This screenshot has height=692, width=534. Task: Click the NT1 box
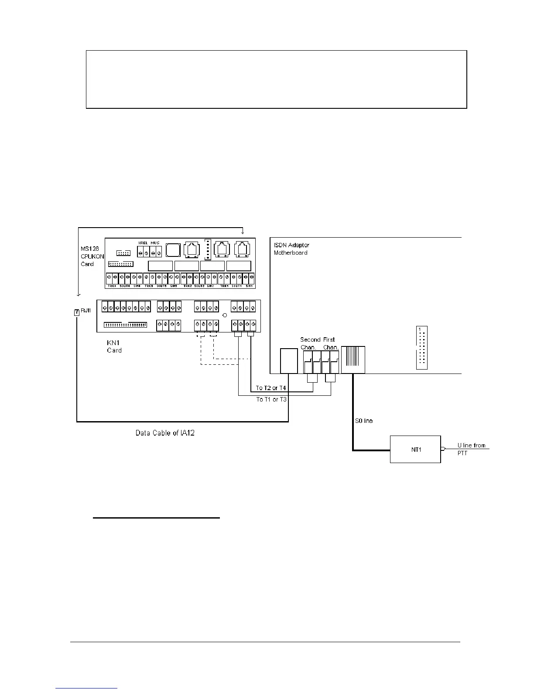415,449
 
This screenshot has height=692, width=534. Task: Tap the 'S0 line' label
364,421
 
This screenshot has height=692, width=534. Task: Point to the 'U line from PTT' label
471,449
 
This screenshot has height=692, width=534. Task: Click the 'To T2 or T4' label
270,388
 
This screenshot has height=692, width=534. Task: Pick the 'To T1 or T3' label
270,399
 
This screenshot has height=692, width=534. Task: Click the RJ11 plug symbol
77,311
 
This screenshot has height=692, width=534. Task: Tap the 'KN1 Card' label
114,346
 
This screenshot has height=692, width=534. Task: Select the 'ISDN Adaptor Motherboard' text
291,249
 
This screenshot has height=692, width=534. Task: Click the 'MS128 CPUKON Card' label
92,256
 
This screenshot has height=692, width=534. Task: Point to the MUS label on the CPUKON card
155,243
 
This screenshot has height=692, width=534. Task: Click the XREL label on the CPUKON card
143,243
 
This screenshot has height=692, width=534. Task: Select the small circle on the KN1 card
225,315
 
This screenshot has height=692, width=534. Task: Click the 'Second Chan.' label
309,343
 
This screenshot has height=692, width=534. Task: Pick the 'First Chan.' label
330,343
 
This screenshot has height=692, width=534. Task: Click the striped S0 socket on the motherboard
353,360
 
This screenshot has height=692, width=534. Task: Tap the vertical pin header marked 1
421,348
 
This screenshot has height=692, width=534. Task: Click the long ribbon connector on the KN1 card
126,325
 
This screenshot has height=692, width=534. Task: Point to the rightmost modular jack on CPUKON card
242,249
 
